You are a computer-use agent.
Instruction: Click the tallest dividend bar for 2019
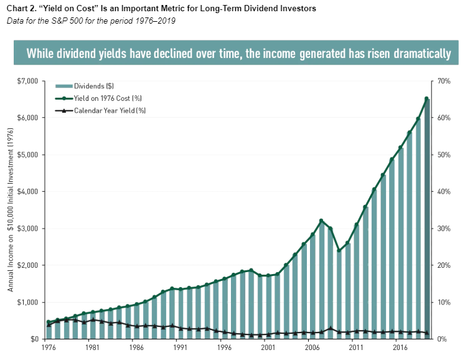point(426,218)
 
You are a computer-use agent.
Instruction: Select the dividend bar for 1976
point(49,330)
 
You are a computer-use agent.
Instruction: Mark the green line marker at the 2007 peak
point(321,220)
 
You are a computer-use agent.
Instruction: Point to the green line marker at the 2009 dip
point(339,250)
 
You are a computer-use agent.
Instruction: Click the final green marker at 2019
point(426,98)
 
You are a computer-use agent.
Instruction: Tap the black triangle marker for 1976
point(49,324)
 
